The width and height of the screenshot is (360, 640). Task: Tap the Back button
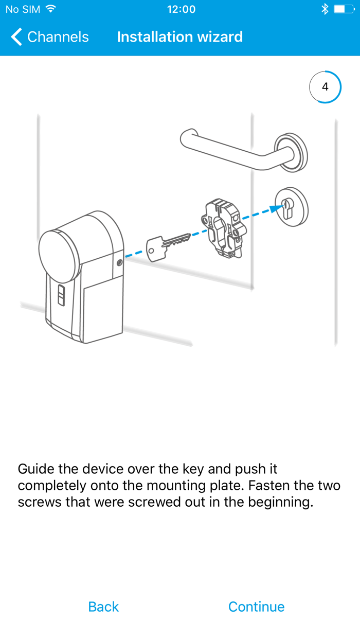point(103,607)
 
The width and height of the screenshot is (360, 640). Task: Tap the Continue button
point(256,607)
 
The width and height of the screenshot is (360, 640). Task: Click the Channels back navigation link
point(50,37)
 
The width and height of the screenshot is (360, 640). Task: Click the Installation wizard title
point(179,37)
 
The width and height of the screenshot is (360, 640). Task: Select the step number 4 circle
point(325,87)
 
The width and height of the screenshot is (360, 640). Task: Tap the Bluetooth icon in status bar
point(325,9)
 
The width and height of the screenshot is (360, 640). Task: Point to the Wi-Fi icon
point(50,9)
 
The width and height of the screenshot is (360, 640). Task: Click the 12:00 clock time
point(181,9)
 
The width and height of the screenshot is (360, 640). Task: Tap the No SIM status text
point(23,9)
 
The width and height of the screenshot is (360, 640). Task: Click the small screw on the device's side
point(119,262)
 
